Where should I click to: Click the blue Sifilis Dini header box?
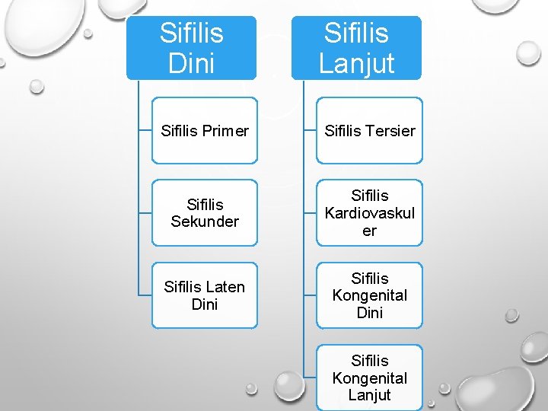(x=191, y=47)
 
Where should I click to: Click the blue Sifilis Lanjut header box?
(x=356, y=47)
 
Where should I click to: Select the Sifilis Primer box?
(x=205, y=130)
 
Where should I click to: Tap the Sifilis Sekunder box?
(x=205, y=212)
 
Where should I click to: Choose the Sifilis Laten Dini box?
(x=205, y=295)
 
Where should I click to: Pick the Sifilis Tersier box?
(x=369, y=130)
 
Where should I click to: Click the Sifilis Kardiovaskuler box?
(x=369, y=212)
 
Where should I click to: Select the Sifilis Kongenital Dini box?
(x=369, y=295)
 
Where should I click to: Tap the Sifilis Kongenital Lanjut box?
(x=369, y=378)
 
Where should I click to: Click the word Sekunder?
(x=205, y=221)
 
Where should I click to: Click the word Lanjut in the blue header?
(x=356, y=63)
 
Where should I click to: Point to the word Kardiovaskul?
(x=370, y=213)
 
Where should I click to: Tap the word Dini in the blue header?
(x=191, y=63)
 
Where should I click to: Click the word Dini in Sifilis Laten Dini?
(x=205, y=304)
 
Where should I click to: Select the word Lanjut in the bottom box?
(x=369, y=395)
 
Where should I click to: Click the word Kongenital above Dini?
(x=369, y=295)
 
